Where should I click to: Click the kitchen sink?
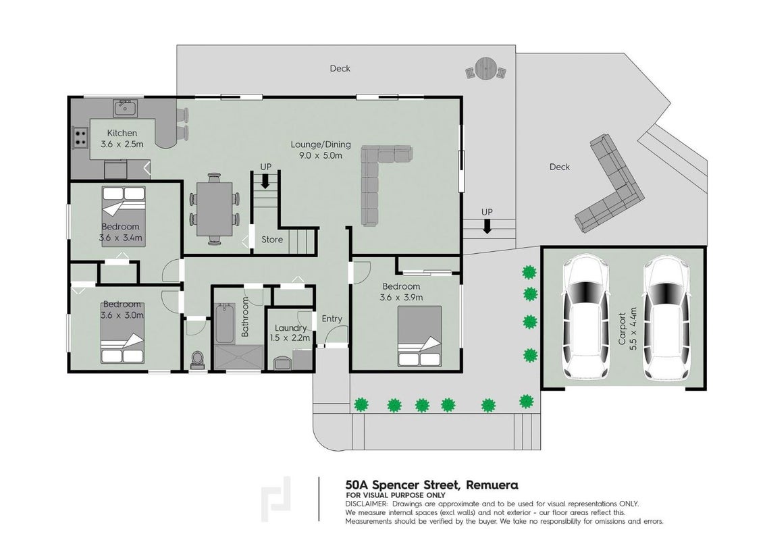pos(126,108)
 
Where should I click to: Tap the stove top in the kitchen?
pos(80,137)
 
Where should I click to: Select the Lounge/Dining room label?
pos(321,150)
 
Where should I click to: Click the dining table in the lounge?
pos(215,209)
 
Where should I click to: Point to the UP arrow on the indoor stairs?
pos(265,182)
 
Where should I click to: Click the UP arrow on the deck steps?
pos(486,226)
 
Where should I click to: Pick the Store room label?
pos(271,240)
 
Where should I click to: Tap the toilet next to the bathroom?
pos(197,360)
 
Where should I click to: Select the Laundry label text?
pos(290,328)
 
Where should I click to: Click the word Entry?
pos(332,319)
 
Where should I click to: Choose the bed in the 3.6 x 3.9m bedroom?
pos(419,336)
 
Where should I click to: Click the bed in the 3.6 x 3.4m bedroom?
pos(124,216)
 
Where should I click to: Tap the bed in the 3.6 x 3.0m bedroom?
pos(122,333)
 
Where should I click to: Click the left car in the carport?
pos(586,319)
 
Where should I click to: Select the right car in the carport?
pos(666,319)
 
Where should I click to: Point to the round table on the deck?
pos(485,69)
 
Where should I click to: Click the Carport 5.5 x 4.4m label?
pos(627,328)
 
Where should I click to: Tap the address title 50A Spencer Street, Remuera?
pos(431,485)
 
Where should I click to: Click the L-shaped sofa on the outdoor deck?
pos(610,184)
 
